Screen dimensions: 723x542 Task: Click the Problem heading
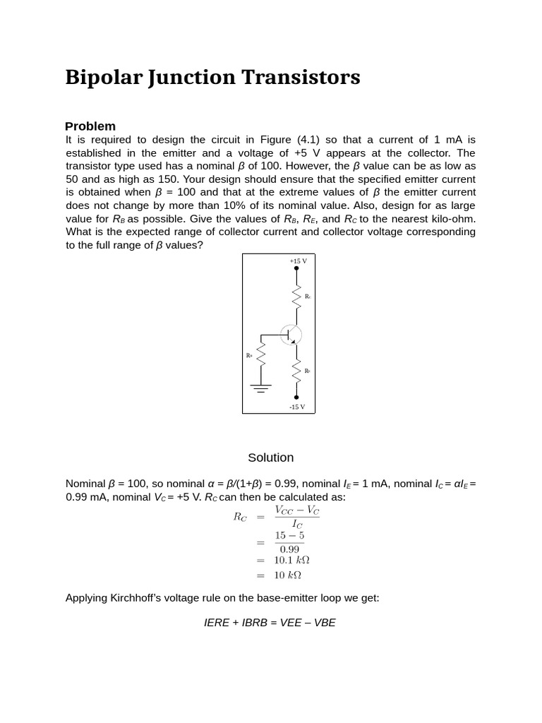[x=90, y=126]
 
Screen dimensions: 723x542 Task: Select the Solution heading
[x=270, y=458]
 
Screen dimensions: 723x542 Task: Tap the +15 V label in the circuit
[x=298, y=261]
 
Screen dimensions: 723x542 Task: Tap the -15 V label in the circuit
[x=297, y=407]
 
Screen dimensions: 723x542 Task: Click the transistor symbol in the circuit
[x=291, y=335]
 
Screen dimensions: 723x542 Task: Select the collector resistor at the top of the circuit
[x=296, y=295]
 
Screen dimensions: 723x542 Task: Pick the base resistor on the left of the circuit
[x=261, y=354]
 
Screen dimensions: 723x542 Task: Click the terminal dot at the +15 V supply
[x=296, y=268]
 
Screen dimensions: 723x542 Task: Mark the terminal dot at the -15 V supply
[x=296, y=397]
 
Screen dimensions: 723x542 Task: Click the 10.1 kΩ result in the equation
[x=291, y=560]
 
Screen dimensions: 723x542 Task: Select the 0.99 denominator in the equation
[x=289, y=549]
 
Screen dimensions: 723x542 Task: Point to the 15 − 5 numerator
[x=289, y=536]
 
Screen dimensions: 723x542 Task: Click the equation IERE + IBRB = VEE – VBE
[x=270, y=623]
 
